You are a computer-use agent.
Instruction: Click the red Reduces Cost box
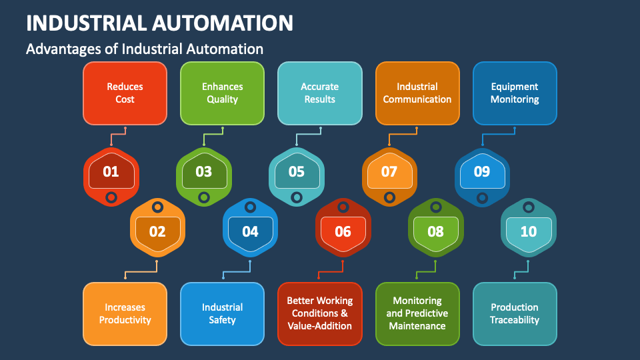pyautogui.click(x=125, y=93)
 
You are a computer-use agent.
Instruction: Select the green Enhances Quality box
pyautogui.click(x=222, y=93)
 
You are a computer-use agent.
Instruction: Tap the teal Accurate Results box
pyautogui.click(x=319, y=93)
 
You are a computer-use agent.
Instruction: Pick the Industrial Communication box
pyautogui.click(x=417, y=93)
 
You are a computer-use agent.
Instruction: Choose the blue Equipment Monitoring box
pyautogui.click(x=515, y=93)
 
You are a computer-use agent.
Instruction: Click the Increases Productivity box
pyautogui.click(x=125, y=314)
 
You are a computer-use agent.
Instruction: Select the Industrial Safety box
pyautogui.click(x=222, y=314)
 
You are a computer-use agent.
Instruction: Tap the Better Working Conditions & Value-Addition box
pyautogui.click(x=319, y=314)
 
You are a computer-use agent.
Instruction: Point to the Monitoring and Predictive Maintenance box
pyautogui.click(x=417, y=314)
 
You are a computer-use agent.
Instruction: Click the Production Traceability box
pyautogui.click(x=515, y=314)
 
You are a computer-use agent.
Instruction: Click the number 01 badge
pyautogui.click(x=111, y=177)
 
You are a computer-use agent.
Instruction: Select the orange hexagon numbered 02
pyautogui.click(x=157, y=227)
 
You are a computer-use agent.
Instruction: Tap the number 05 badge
pyautogui.click(x=297, y=177)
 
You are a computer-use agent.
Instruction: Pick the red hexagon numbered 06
pyautogui.click(x=343, y=227)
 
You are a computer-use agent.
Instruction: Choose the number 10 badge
pyautogui.click(x=529, y=227)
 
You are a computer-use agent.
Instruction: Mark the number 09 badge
pyautogui.click(x=482, y=177)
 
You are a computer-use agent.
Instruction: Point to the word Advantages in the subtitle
pyautogui.click(x=63, y=49)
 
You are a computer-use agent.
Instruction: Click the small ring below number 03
pyautogui.click(x=204, y=198)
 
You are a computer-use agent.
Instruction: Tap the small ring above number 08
pyautogui.click(x=436, y=207)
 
